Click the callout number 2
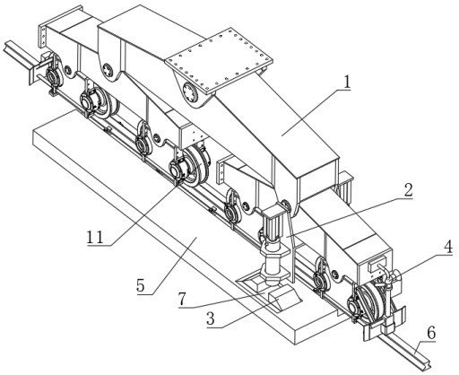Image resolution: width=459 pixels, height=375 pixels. click(408, 190)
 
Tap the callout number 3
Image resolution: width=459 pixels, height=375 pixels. click(211, 319)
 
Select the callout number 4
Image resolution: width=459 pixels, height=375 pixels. click(448, 248)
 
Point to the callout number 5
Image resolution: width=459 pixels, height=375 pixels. click(141, 286)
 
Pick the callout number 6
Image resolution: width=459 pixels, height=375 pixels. click(431, 333)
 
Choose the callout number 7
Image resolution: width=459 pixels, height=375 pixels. click(183, 299)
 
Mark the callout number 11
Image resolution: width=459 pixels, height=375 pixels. click(95, 237)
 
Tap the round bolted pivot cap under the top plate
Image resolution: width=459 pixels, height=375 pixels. click(190, 93)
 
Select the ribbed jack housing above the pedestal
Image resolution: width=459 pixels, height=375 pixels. click(273, 224)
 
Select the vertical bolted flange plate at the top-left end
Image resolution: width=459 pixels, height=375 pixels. click(43, 36)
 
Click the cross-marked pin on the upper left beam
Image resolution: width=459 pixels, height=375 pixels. click(107, 69)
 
